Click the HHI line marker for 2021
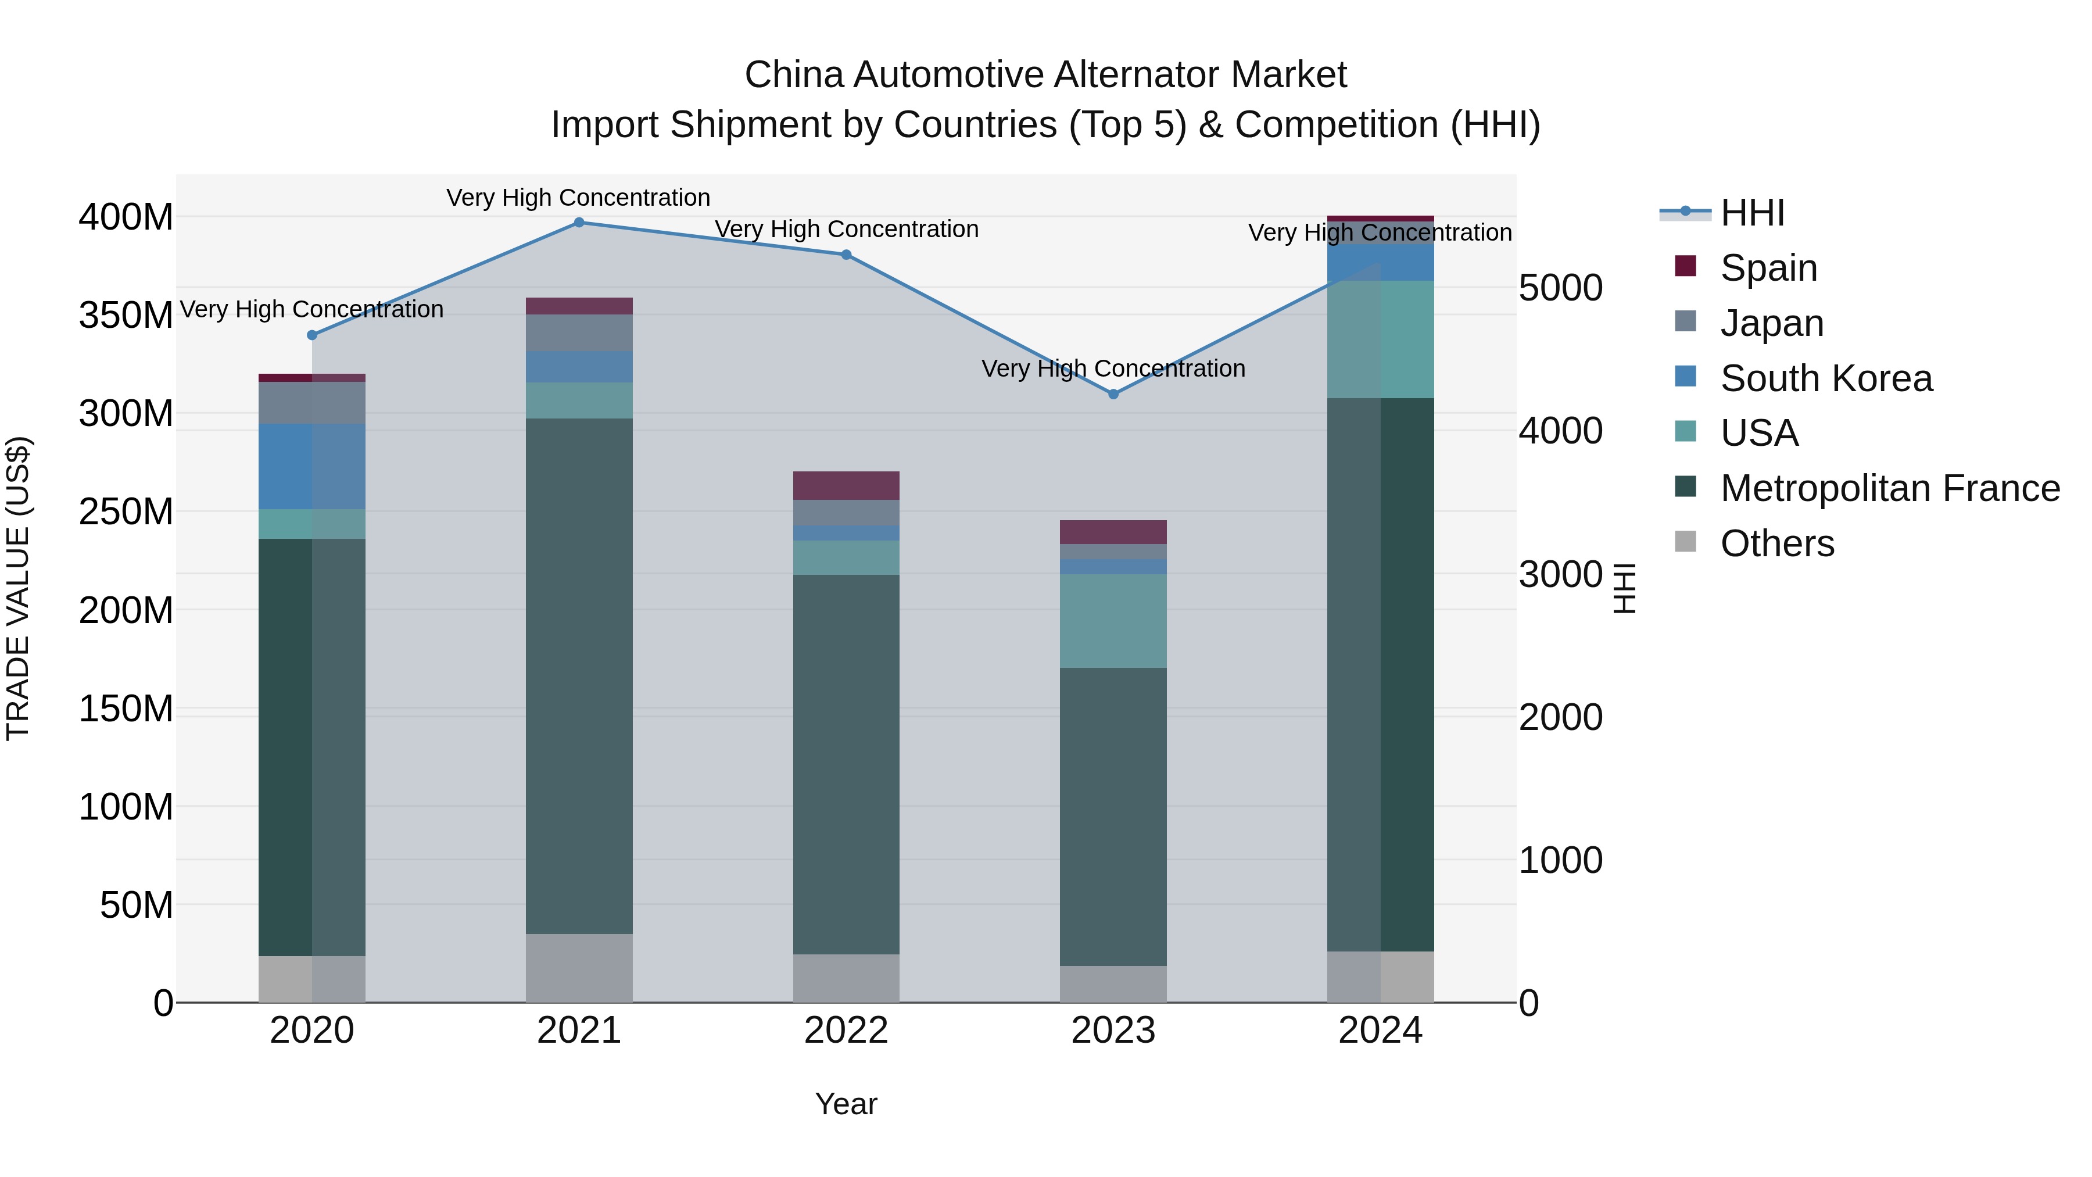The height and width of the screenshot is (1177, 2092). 579,223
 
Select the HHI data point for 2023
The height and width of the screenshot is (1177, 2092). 1113,394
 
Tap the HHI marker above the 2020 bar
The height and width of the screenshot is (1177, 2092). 312,335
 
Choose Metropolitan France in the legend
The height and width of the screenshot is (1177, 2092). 1889,488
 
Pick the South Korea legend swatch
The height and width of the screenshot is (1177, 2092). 1685,377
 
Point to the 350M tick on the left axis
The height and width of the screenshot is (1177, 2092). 126,315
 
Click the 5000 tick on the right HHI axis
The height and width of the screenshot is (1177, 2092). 1560,288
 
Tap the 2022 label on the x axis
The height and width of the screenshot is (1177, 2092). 846,1031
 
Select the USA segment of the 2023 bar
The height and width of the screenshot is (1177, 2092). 1113,621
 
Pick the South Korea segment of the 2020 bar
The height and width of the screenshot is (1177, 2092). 312,466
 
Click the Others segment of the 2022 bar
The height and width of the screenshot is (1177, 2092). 846,978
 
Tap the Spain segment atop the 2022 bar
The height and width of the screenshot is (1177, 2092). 846,485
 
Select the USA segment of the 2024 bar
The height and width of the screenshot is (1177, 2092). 1381,339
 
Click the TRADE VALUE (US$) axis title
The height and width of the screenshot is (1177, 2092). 18,588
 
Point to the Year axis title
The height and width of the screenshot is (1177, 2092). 846,1104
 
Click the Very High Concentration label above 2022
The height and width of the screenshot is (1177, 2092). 846,229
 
